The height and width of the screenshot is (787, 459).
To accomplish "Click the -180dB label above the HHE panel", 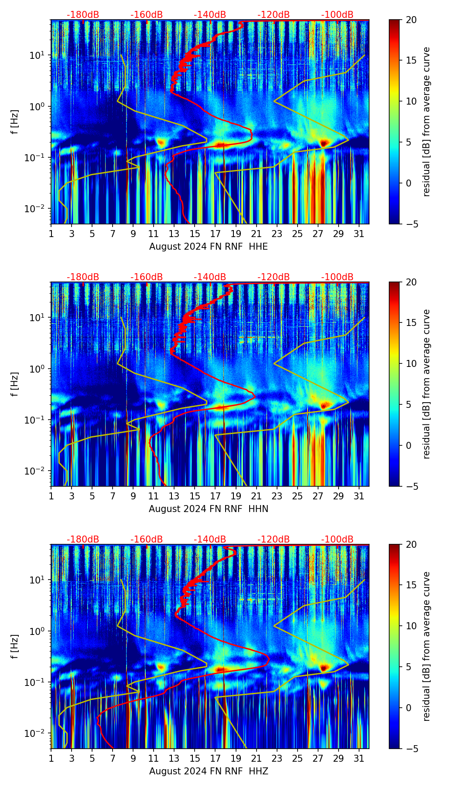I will tap(83, 15).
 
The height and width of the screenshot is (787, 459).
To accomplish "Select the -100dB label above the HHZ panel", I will tap(337, 539).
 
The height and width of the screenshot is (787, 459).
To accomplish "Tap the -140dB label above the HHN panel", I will tap(210, 277).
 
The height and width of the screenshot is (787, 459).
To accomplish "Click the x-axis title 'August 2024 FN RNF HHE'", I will tap(209, 247).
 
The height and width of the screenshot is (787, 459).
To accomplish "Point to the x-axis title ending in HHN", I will tap(209, 509).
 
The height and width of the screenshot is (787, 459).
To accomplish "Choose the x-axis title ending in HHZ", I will tap(209, 771).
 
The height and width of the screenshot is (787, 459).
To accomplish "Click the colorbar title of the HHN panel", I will tap(427, 384).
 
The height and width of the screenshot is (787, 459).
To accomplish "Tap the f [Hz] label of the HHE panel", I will tap(15, 122).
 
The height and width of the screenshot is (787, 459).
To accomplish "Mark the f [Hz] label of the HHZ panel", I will tap(15, 647).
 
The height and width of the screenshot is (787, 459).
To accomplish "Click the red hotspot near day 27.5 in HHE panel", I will tap(323, 142).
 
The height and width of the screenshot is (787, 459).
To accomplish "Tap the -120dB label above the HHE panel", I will tap(274, 15).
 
